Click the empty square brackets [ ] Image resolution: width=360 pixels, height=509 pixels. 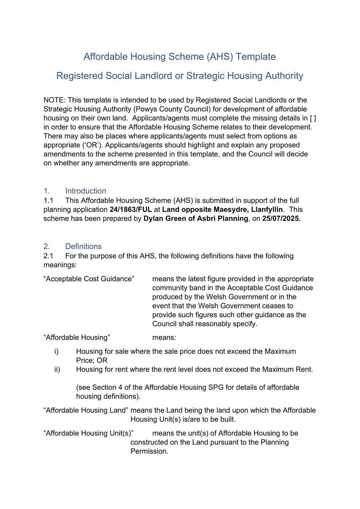(x=313, y=118)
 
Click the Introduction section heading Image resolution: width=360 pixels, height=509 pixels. (x=86, y=191)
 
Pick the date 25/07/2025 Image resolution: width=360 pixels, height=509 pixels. (x=281, y=219)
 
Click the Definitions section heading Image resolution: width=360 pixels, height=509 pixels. (x=83, y=246)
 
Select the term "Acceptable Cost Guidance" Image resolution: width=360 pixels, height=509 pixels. (x=89, y=279)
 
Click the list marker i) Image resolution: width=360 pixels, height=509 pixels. (x=56, y=352)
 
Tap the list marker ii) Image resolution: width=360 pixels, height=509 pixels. (x=57, y=369)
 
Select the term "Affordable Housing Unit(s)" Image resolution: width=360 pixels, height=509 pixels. (x=88, y=433)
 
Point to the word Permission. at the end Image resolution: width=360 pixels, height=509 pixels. (x=149, y=451)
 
